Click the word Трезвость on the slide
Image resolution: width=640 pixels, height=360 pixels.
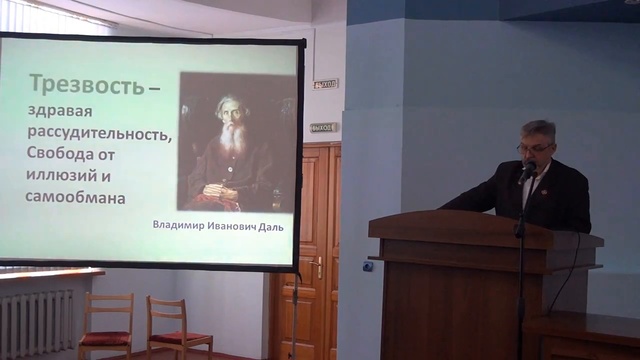[86, 84]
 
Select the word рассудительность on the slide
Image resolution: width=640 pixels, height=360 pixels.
[99, 132]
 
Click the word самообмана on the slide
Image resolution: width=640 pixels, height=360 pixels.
[76, 198]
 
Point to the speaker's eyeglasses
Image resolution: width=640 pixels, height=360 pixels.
[535, 148]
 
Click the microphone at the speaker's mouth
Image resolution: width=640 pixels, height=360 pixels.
[527, 170]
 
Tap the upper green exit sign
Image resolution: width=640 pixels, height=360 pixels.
[326, 84]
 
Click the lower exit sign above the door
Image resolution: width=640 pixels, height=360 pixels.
[323, 127]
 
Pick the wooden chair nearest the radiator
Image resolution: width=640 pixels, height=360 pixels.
[106, 326]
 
